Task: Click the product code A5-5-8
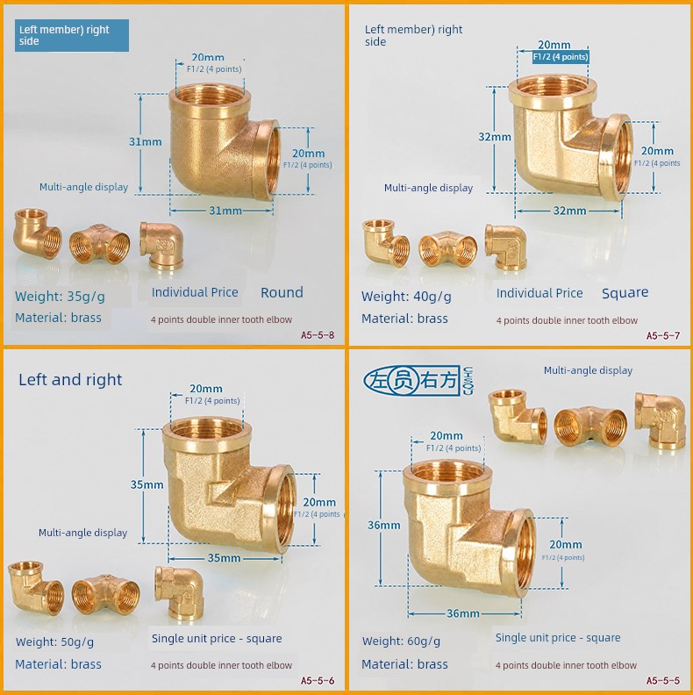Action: (x=318, y=335)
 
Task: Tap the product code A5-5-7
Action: (x=663, y=335)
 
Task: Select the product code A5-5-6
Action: (x=318, y=680)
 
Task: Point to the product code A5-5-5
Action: (x=663, y=680)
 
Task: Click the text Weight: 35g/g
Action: (x=60, y=296)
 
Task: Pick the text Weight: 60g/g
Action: (x=401, y=641)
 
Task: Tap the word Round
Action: (x=282, y=292)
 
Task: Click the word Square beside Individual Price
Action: (x=625, y=292)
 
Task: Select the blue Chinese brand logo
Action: (x=418, y=381)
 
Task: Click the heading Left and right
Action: (x=70, y=380)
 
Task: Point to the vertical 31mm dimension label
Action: (x=146, y=142)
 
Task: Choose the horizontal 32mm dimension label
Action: (x=569, y=211)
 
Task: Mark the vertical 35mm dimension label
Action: (x=146, y=484)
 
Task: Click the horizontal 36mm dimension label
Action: (x=463, y=613)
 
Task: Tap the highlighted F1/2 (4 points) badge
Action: (x=561, y=57)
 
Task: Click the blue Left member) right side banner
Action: (x=72, y=35)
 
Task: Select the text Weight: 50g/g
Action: (x=54, y=641)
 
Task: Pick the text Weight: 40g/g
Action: (x=406, y=296)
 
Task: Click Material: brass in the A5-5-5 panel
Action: (x=404, y=664)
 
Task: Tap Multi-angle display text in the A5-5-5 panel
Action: (x=588, y=370)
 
